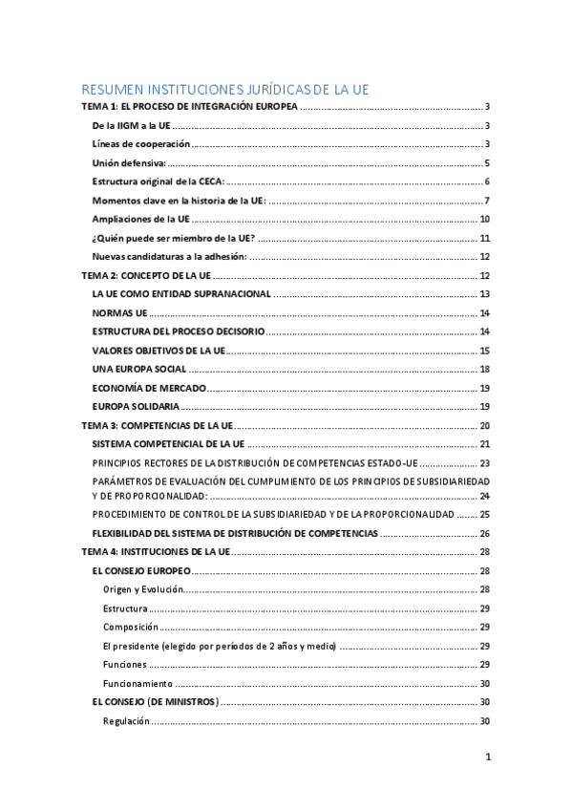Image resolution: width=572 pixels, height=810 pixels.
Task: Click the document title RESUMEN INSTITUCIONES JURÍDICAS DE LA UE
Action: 224,90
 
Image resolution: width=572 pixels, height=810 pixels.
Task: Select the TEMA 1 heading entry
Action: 190,108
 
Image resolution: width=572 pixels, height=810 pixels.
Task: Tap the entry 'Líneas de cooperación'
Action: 140,144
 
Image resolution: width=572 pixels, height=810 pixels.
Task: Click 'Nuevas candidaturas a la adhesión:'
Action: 169,256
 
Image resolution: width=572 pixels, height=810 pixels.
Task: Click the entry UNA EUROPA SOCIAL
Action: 139,369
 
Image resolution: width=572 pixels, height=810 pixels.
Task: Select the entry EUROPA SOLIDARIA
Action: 135,406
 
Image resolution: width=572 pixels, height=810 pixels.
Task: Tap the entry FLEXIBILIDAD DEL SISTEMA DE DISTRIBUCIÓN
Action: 235,533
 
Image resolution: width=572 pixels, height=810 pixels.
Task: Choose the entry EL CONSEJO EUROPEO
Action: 141,570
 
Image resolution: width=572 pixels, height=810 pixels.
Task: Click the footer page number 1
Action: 487,757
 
